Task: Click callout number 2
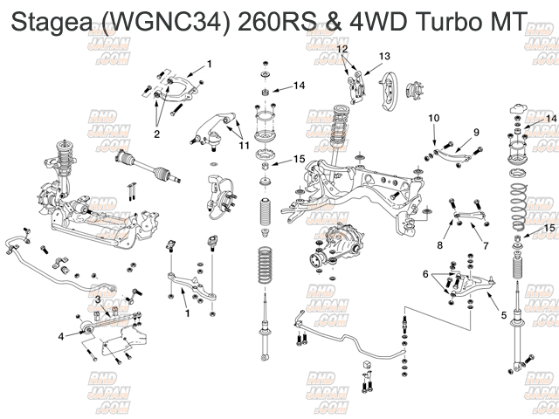pos(157,134)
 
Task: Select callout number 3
pos(98,299)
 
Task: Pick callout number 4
pos(61,335)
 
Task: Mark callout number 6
pos(425,274)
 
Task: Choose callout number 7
pos(486,246)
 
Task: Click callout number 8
pos(440,247)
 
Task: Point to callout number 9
pos(476,131)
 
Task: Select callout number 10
pos(434,117)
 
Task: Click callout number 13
pos(383,55)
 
